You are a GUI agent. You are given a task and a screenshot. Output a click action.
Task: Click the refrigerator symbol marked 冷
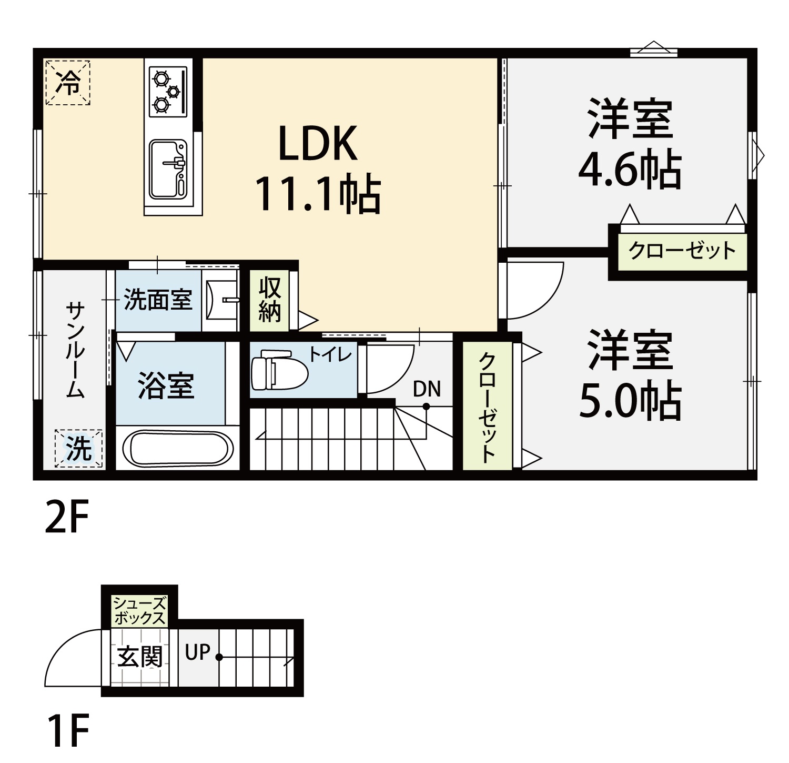(x=68, y=83)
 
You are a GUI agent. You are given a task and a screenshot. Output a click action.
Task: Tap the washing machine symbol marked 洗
(x=78, y=448)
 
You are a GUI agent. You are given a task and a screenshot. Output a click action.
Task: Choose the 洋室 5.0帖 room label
(x=630, y=374)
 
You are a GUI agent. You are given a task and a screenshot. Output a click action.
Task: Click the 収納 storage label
(x=270, y=300)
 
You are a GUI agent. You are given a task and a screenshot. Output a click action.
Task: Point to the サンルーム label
(x=75, y=350)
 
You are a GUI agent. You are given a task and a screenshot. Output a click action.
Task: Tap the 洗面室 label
(x=158, y=300)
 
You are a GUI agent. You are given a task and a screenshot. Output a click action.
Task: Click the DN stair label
(x=427, y=389)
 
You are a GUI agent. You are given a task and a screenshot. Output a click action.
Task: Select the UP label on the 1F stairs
(x=197, y=652)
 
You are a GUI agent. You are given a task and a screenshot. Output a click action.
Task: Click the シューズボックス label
(x=139, y=611)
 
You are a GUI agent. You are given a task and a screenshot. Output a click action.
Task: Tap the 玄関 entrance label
(x=139, y=657)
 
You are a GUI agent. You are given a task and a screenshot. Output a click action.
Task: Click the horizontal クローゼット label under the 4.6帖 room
(x=682, y=251)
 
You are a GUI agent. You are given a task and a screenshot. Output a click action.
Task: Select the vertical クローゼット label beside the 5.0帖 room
(x=487, y=407)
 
